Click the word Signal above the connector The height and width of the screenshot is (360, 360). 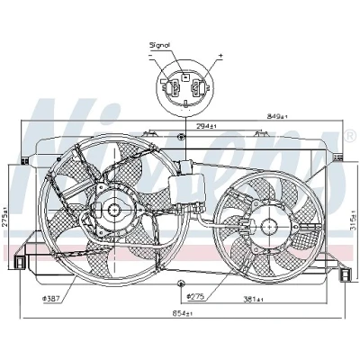159,45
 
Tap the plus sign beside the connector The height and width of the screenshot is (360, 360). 220,56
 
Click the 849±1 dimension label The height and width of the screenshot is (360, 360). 277,116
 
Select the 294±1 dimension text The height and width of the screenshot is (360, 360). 206,126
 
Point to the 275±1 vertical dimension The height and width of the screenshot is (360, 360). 5,218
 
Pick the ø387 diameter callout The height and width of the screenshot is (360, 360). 51,299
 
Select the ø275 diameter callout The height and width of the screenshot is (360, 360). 195,297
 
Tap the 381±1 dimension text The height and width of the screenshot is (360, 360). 254,299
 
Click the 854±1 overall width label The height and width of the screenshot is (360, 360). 182,314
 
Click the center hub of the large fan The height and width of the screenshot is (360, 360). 114,210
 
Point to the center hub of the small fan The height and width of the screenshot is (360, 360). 268,226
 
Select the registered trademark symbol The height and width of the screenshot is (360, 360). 349,136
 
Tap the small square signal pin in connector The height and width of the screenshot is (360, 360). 185,77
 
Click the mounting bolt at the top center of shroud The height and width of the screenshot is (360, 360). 181,137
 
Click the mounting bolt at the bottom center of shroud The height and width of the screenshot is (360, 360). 181,283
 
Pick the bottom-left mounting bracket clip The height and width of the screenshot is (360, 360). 19,262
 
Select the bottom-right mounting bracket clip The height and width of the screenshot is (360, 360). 345,274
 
